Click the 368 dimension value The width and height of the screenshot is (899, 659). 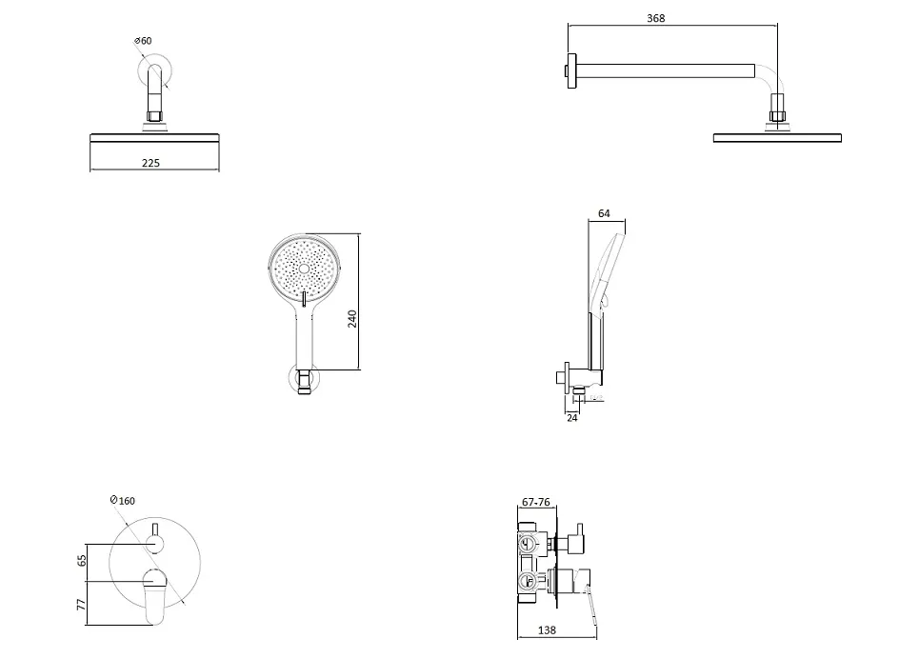655,18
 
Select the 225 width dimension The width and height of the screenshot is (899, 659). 150,163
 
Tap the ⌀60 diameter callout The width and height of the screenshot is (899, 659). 143,41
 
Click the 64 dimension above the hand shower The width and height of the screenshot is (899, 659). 604,213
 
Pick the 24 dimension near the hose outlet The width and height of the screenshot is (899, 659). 571,416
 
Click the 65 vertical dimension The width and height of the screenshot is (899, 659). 81,560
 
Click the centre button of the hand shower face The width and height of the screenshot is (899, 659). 304,270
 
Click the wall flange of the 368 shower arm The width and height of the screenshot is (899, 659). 569,70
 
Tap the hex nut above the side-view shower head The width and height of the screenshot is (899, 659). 778,118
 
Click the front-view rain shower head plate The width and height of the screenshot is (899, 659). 154,138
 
